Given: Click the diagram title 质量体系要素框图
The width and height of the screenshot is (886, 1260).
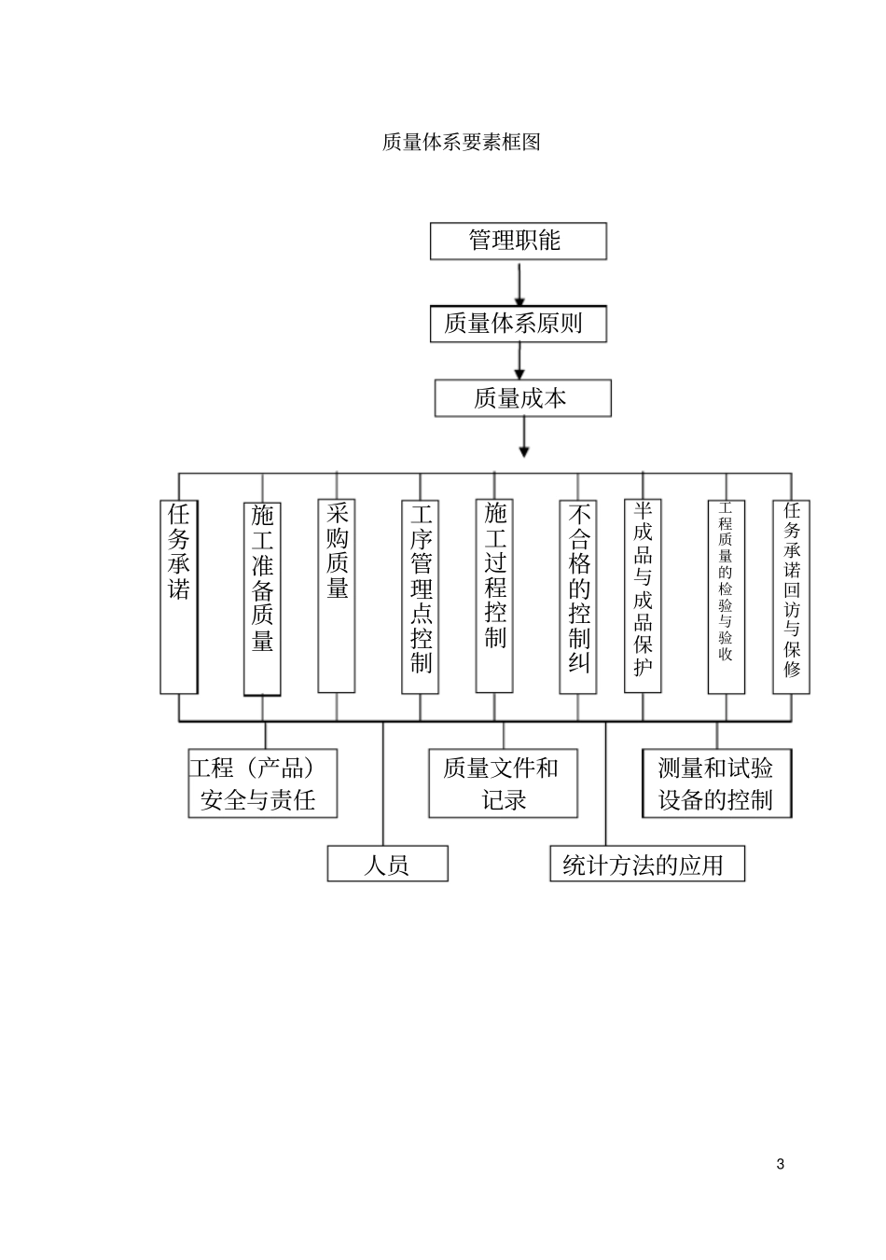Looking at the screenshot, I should coord(461,143).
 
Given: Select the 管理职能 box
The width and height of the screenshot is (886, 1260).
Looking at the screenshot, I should coord(518,241).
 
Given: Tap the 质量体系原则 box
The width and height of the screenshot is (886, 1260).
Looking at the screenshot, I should coord(518,324).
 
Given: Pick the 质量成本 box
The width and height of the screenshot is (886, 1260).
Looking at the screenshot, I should coord(522,398).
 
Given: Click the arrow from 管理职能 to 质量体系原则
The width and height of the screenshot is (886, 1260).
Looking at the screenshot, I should coord(518,283).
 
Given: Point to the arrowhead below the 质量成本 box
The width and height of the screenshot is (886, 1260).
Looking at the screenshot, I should coord(524,451).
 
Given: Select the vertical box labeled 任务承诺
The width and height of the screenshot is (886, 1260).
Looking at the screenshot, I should coord(179,597).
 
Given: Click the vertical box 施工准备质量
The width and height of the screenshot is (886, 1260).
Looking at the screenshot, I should coord(262,597).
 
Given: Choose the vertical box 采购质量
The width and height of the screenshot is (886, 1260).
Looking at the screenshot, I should coord(337,597).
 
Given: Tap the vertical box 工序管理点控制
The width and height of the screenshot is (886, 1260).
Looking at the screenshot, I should coord(421,597).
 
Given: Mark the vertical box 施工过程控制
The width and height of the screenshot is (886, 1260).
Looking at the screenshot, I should coord(494,597).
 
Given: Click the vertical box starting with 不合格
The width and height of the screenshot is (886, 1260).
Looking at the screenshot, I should coord(578,597).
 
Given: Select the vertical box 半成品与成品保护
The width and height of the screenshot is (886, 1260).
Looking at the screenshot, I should coord(643,597).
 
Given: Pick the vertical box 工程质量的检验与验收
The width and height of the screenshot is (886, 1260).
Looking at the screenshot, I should coord(727,597).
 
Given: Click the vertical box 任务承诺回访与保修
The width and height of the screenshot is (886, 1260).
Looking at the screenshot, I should coord(792,597).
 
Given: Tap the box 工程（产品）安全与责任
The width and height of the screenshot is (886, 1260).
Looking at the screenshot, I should coord(262,783).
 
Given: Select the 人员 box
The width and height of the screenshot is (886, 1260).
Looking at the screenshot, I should coord(387,864).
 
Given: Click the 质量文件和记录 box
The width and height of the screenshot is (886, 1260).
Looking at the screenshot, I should coord(503,783).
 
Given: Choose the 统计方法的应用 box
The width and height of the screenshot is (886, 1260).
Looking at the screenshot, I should coord(647,864).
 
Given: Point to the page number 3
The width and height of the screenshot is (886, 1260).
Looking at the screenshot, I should coord(781,1164).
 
